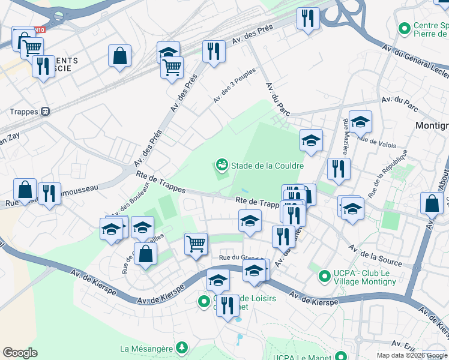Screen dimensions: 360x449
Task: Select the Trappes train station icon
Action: coord(45,112)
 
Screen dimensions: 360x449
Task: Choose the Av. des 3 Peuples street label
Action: coord(235,85)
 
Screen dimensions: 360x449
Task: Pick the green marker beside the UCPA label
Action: coord(325,277)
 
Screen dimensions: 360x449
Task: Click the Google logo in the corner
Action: coord(20,353)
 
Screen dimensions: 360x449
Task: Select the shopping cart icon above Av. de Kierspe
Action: coord(196,244)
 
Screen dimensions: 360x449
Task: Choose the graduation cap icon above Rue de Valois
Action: coord(360,122)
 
